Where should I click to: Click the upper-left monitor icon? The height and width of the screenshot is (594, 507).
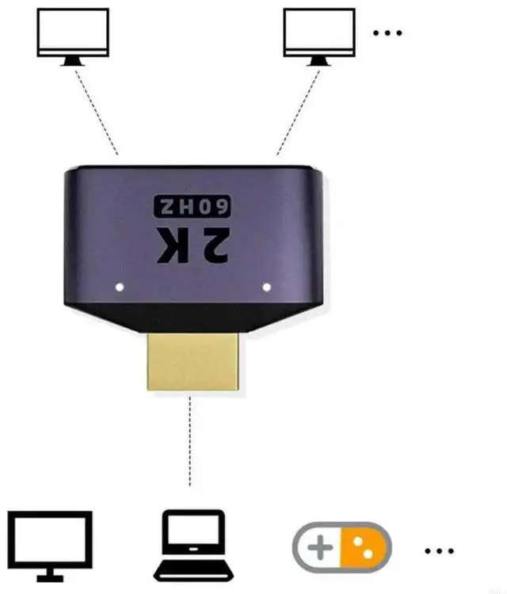[73, 35]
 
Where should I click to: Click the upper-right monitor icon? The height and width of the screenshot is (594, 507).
[318, 35]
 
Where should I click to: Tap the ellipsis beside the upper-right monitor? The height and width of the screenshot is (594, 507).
[387, 32]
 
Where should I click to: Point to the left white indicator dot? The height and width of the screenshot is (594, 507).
[120, 287]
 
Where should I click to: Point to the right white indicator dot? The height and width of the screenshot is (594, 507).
[266, 287]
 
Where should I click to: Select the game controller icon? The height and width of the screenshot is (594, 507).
[341, 546]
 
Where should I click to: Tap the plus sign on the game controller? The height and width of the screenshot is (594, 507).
[319, 547]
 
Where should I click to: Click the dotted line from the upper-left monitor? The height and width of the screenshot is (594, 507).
[96, 111]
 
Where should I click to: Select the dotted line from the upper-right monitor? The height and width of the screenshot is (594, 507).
[299, 111]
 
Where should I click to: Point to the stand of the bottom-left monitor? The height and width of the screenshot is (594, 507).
[50, 572]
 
